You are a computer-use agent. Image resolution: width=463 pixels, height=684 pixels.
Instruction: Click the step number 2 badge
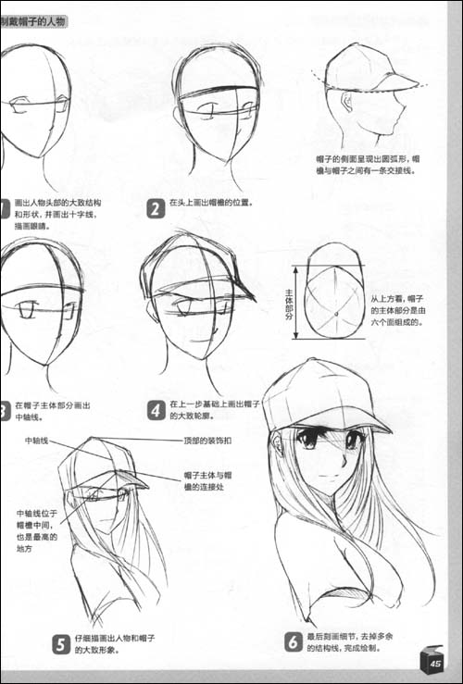click(156, 208)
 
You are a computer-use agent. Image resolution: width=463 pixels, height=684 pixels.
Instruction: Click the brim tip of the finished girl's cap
click(387, 429)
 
